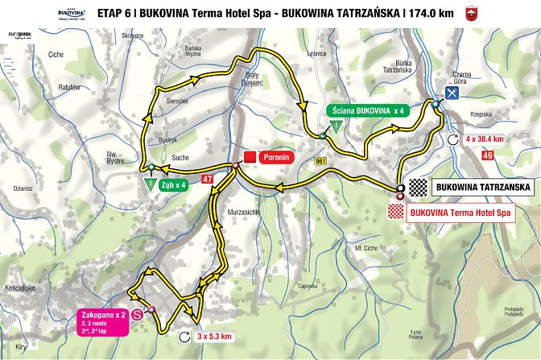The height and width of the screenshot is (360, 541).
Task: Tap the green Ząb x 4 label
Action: pyautogui.click(x=174, y=184)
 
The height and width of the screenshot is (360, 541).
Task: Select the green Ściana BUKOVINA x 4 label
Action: pyautogui.click(x=365, y=111)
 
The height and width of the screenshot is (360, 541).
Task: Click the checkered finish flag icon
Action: pyautogui.click(x=418, y=188)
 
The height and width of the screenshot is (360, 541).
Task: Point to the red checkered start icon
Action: pyautogui.click(x=396, y=212)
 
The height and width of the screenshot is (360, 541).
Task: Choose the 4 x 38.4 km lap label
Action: pyautogui.click(x=485, y=139)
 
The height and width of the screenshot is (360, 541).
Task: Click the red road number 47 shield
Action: pyautogui.click(x=208, y=179)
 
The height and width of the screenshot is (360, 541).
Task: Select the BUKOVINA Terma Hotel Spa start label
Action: pyautogui.click(x=460, y=213)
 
